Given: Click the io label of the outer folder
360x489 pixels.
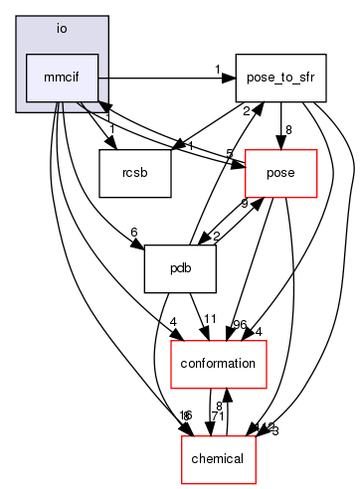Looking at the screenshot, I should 61,29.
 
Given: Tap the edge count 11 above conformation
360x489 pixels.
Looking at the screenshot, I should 210,320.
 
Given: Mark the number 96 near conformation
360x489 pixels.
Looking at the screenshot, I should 240,323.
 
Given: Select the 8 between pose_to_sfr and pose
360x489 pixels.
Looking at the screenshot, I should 288,129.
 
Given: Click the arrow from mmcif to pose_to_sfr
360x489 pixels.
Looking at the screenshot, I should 159,77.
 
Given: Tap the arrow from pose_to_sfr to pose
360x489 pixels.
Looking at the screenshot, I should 280,124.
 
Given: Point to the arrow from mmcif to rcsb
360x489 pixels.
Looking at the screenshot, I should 98,128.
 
